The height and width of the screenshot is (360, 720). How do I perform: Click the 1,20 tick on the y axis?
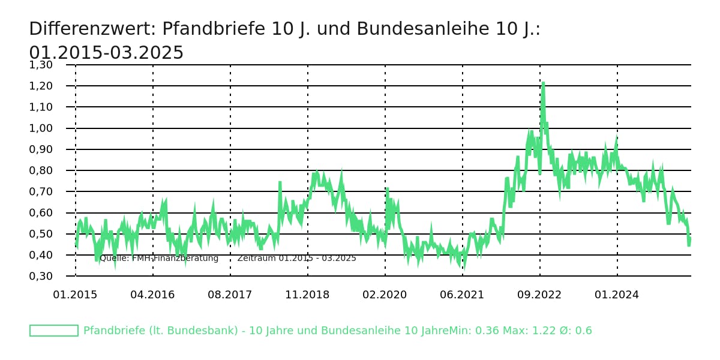(41, 86)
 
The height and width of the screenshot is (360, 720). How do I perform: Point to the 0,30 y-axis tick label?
(41, 276)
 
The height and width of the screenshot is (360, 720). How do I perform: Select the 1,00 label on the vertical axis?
(41, 128)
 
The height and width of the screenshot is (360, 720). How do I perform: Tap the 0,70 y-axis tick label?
(41, 191)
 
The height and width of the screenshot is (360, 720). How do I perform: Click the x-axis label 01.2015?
(75, 295)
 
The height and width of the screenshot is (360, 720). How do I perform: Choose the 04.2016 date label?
(152, 295)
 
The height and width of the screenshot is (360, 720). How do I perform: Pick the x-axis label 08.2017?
(230, 295)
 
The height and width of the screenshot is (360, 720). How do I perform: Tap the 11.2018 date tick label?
(307, 295)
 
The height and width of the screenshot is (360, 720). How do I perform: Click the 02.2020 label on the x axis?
(385, 295)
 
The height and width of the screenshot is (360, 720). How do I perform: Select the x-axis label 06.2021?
(462, 295)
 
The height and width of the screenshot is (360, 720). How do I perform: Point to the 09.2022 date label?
(539, 295)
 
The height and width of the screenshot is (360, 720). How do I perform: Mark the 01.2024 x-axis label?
(617, 295)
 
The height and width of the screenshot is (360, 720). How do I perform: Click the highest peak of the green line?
(543, 83)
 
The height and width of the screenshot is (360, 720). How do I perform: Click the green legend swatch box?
(54, 331)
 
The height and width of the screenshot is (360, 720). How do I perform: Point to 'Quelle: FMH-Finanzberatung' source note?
(159, 259)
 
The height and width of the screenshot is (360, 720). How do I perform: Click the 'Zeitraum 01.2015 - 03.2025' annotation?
(296, 259)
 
